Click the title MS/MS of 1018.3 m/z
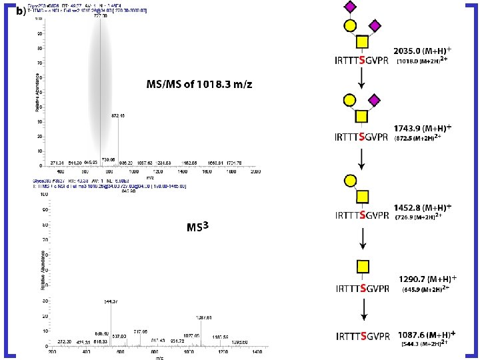click(199, 85)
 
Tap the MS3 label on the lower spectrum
click(197, 227)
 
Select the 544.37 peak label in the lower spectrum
click(111, 303)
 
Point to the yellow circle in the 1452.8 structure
click(348, 180)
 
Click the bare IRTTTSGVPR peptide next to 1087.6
click(361, 336)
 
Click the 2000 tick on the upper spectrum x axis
click(255, 171)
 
